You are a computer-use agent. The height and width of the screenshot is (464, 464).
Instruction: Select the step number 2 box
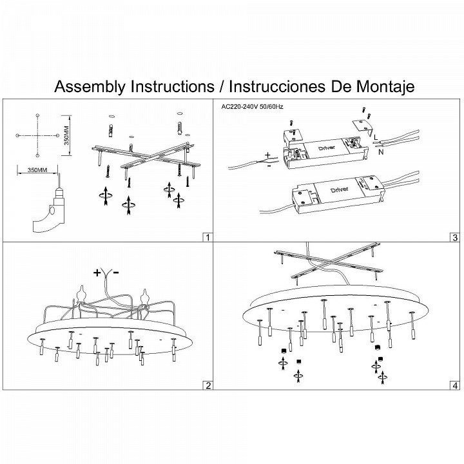[x=207, y=385]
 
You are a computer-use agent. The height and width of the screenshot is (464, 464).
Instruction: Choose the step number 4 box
[x=455, y=385]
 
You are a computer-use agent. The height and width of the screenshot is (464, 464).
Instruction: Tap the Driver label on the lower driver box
[x=339, y=189]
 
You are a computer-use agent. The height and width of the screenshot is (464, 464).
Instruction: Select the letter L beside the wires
[x=376, y=137]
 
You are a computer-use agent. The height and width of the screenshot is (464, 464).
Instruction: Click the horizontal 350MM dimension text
[x=32, y=169]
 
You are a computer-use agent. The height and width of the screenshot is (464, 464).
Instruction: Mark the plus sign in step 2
[x=97, y=273]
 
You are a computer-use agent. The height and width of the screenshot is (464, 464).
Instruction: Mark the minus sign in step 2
[x=116, y=273]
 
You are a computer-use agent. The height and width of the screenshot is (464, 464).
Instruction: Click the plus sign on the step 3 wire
[x=266, y=155]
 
